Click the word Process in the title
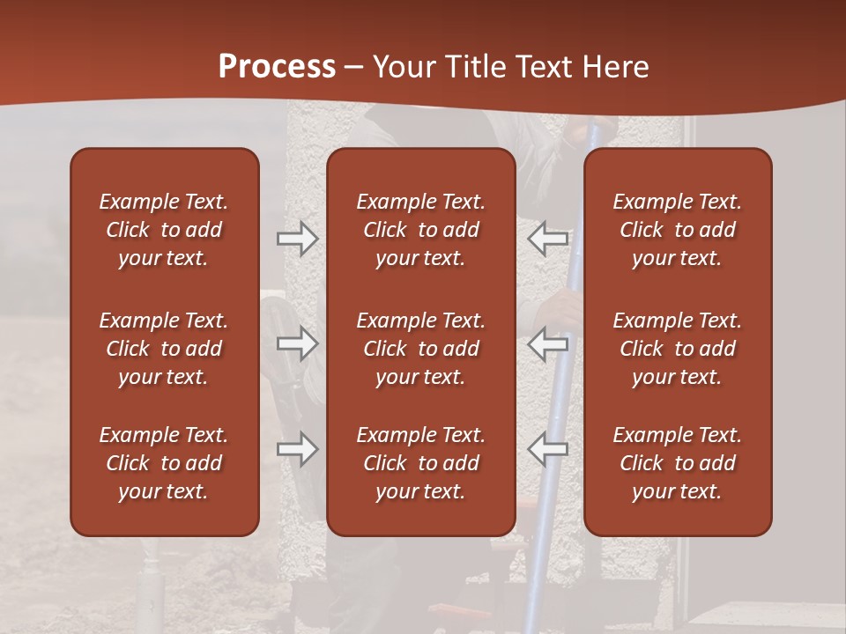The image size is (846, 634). pyautogui.click(x=277, y=67)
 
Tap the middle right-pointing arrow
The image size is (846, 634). pyautogui.click(x=297, y=343)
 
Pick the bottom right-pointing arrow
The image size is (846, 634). pyautogui.click(x=297, y=450)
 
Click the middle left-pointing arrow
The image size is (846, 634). pyautogui.click(x=548, y=343)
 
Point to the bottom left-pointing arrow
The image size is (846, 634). pyautogui.click(x=548, y=450)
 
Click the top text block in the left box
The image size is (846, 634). pyautogui.click(x=164, y=230)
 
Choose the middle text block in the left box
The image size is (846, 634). pyautogui.click(x=164, y=349)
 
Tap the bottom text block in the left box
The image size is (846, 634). pyautogui.click(x=164, y=463)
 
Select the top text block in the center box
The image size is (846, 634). pyautogui.click(x=420, y=230)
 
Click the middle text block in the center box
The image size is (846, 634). pyautogui.click(x=420, y=349)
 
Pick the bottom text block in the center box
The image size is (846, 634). pyautogui.click(x=420, y=463)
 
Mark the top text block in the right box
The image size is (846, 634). pyautogui.click(x=677, y=230)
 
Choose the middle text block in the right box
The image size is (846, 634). pyautogui.click(x=677, y=349)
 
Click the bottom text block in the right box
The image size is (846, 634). pyautogui.click(x=677, y=463)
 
